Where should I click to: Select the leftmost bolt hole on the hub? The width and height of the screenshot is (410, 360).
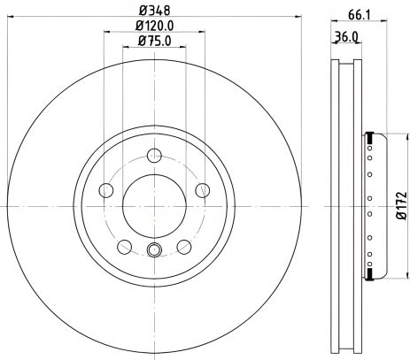coord(107,190)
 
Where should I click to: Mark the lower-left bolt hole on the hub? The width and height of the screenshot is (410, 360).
coord(125,247)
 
